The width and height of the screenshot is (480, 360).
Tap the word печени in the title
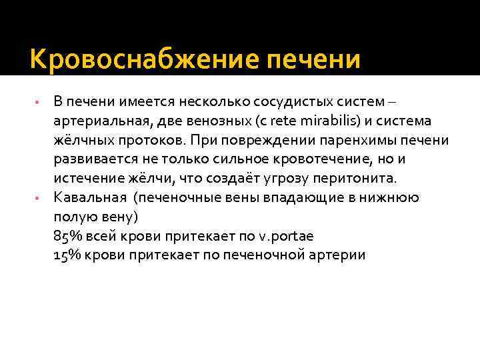click(x=313, y=61)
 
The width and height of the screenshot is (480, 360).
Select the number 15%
click(x=65, y=255)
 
